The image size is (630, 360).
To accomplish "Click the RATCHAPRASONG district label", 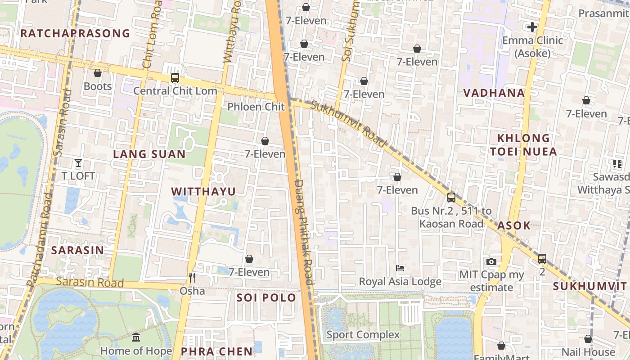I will [x=75, y=33].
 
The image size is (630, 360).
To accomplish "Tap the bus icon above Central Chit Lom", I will [x=175, y=78].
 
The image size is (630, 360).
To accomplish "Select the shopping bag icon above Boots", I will [x=98, y=73].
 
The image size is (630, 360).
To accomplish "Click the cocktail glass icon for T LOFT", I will [x=78, y=163].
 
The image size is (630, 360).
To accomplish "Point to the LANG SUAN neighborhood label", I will [x=149, y=154].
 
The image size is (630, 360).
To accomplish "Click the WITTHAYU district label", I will [x=203, y=191].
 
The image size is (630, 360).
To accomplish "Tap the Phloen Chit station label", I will [x=256, y=107].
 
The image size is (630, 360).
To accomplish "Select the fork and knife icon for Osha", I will [x=192, y=278].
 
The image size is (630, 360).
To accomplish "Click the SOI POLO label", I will [x=266, y=297].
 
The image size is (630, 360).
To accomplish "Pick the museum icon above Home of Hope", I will [x=136, y=337].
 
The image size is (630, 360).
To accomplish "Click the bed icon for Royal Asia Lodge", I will [x=400, y=268].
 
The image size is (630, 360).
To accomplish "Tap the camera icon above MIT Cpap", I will [x=491, y=261].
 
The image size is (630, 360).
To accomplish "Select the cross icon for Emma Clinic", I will [x=532, y=27].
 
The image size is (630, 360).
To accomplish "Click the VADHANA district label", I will [x=494, y=93].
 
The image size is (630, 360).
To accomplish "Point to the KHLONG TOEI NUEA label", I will [x=524, y=144].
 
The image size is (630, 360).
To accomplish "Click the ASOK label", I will [x=514, y=225].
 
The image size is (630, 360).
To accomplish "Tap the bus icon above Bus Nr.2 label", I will [x=451, y=198].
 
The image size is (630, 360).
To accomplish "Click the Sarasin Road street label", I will [x=90, y=282].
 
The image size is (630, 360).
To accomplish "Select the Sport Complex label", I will [x=363, y=334].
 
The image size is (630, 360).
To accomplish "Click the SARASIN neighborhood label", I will [x=77, y=250].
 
